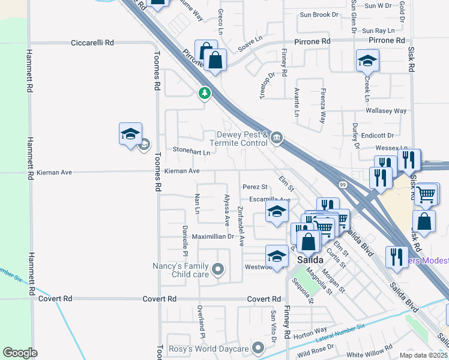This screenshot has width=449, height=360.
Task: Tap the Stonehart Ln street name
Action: coord(191,152)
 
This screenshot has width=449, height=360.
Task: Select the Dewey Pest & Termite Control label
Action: coord(238,139)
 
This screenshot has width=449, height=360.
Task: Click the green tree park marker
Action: coord(205,93)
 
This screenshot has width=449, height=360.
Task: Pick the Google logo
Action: coord(20,353)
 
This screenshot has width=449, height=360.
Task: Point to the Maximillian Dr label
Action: coord(213,236)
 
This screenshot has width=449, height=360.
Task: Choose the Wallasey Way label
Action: coord(387,111)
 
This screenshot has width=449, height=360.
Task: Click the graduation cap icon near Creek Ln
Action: coord(367,60)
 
